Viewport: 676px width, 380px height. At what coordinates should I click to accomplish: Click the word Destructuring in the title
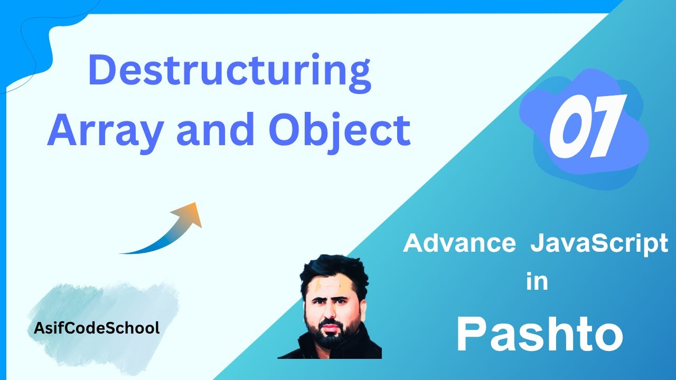pos(230,72)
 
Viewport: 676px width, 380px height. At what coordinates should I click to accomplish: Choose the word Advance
pos(459,244)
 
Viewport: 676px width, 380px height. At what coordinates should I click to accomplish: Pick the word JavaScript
pos(599,244)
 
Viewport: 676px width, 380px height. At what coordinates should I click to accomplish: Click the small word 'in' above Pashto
pos(537,282)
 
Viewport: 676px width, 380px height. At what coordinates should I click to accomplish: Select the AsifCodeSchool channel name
pos(97,328)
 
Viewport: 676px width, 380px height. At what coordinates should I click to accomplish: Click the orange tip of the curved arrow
pos(193,211)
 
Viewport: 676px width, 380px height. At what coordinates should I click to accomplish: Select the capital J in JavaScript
pos(538,244)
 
